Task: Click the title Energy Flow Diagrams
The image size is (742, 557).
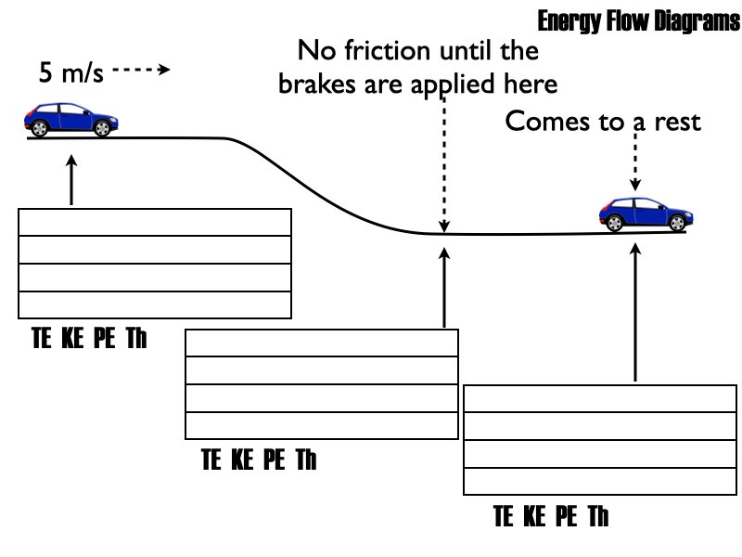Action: [637, 22]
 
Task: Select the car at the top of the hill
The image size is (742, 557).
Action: [72, 120]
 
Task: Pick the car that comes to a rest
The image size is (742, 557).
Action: [646, 214]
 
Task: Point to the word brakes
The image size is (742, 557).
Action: [318, 84]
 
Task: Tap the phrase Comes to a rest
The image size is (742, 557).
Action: [603, 122]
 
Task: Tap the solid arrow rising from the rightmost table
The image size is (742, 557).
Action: [635, 312]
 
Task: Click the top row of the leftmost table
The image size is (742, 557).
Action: [155, 224]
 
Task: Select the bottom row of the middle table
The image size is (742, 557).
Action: [322, 424]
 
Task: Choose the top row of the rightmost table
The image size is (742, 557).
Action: [600, 399]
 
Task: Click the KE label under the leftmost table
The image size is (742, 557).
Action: [72, 339]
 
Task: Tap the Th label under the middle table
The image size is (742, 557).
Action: [306, 460]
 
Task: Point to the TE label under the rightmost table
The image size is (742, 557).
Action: [505, 516]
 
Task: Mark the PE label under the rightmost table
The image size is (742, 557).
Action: [567, 516]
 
